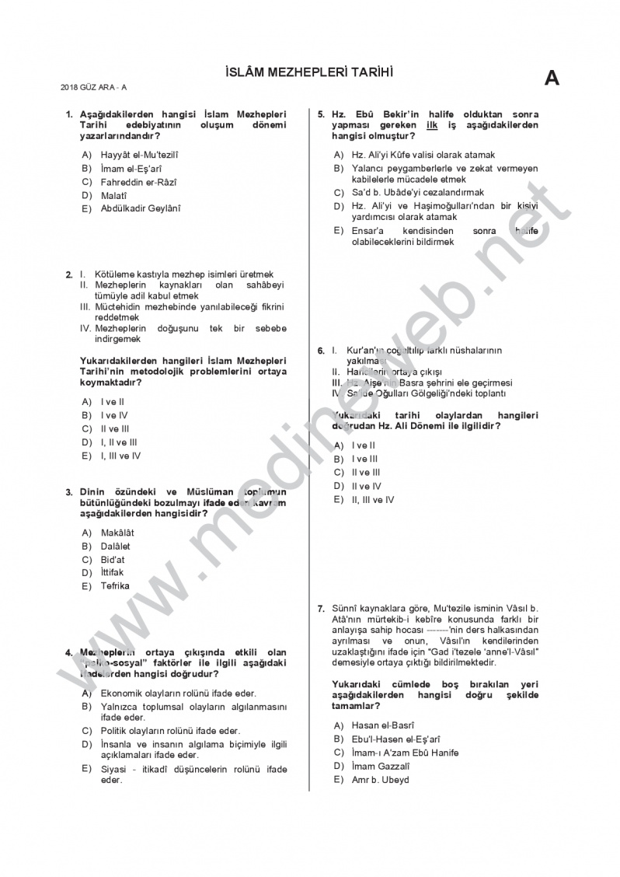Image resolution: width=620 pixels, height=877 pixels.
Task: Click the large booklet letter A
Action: [x=552, y=79]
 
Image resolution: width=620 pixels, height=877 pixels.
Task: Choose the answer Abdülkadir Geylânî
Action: [x=140, y=208]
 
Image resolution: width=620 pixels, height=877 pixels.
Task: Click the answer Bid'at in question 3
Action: [x=113, y=560]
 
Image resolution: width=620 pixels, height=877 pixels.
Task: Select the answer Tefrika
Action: [x=115, y=586]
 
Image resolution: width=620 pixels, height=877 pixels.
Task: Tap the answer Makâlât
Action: [x=117, y=533]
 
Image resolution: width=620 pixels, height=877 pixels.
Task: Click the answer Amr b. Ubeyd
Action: [x=380, y=780]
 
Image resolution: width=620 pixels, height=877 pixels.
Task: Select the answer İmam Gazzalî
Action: [x=380, y=766]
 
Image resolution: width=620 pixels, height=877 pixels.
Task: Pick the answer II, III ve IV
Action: [x=372, y=500]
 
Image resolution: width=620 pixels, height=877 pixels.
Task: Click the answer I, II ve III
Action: [x=120, y=442]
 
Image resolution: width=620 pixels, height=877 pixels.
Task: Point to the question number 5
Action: [x=320, y=114]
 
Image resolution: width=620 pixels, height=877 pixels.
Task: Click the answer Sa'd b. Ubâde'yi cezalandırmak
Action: [x=417, y=192]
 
